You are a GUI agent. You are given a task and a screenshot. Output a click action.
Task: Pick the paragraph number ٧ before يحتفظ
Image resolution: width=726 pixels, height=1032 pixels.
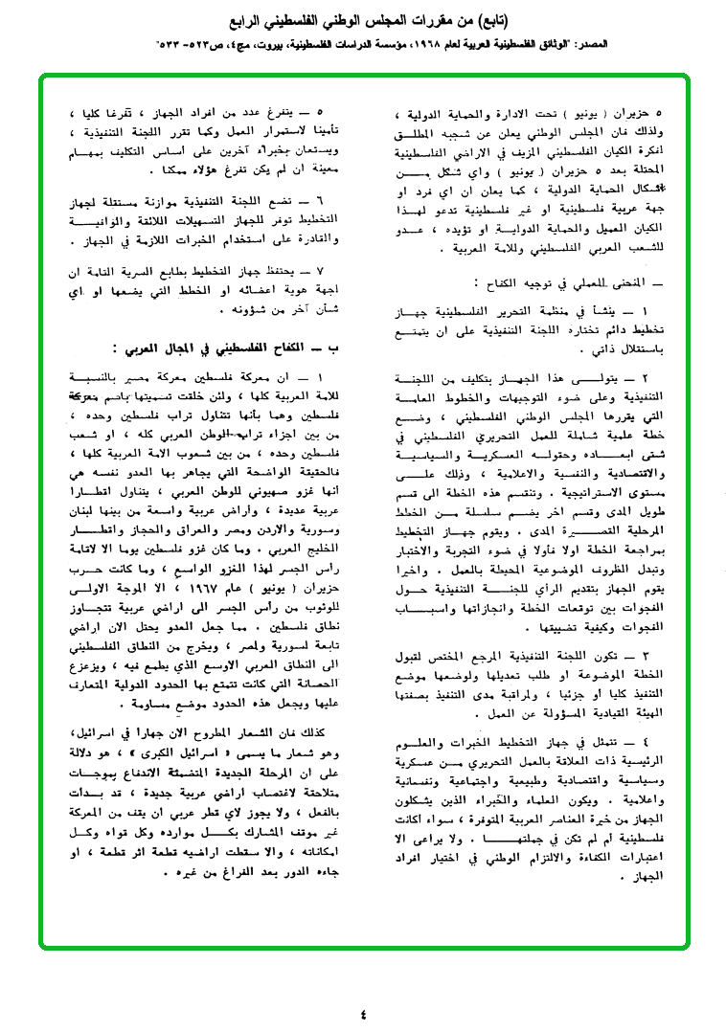[322, 272]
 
